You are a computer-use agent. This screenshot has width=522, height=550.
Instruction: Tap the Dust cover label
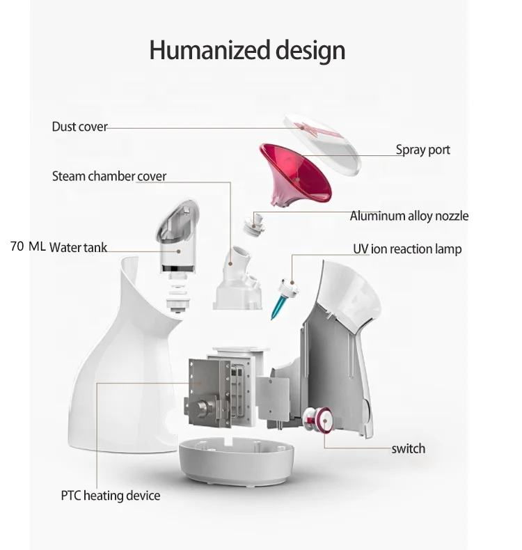click(x=79, y=127)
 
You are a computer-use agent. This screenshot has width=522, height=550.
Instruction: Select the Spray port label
click(x=422, y=150)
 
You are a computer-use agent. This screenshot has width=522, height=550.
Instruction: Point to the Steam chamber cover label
click(x=109, y=176)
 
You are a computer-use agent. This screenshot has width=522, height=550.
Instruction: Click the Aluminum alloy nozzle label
click(x=409, y=216)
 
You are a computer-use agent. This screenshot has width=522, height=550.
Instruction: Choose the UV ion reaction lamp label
click(x=407, y=249)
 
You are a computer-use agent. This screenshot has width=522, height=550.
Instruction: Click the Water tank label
click(x=78, y=247)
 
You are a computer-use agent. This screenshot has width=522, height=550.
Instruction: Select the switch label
click(x=408, y=448)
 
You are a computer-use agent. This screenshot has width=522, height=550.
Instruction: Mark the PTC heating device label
click(x=110, y=496)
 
